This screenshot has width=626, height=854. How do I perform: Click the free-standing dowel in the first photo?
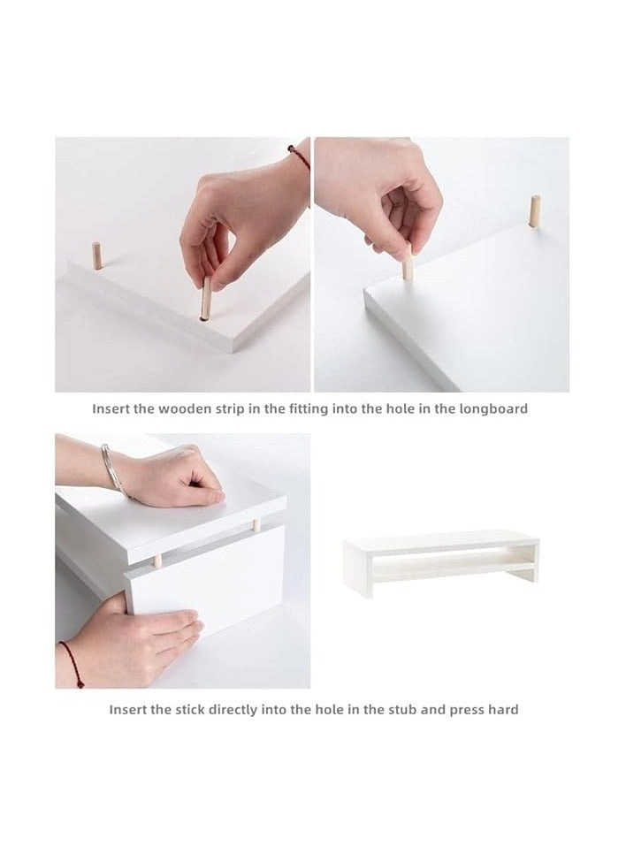coord(97,255)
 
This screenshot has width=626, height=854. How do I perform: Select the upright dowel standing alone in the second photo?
coord(534,211)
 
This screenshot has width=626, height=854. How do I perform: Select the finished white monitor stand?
coord(439,561)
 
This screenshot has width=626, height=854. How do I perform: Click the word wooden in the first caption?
coord(183,409)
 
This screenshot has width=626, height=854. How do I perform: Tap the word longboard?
coord(492,409)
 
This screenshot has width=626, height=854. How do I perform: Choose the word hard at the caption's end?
coord(504,710)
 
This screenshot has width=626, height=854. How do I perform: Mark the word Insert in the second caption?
coord(126,710)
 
